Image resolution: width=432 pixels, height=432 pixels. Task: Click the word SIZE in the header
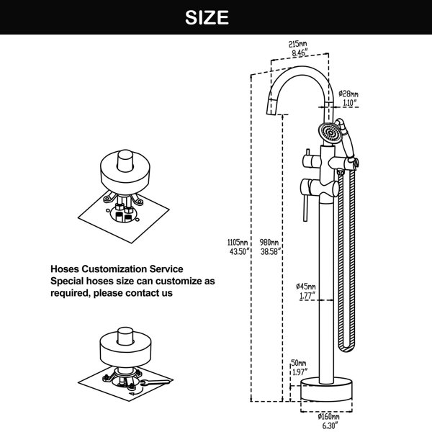tap(207, 17)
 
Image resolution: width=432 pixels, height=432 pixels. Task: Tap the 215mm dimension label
tap(297, 44)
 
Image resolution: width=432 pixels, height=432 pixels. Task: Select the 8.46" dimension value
tap(300, 53)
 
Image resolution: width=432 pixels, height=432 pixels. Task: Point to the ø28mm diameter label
tap(348, 94)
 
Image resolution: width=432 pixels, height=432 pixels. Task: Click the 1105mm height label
tap(237, 243)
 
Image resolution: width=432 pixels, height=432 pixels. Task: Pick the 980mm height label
tap(269, 243)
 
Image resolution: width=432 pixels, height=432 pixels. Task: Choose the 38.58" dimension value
tap(271, 251)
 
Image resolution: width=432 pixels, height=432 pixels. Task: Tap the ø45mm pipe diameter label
tap(306, 287)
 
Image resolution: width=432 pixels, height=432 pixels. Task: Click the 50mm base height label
tap(299, 363)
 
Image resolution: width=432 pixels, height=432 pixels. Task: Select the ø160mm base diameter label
tap(328, 416)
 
